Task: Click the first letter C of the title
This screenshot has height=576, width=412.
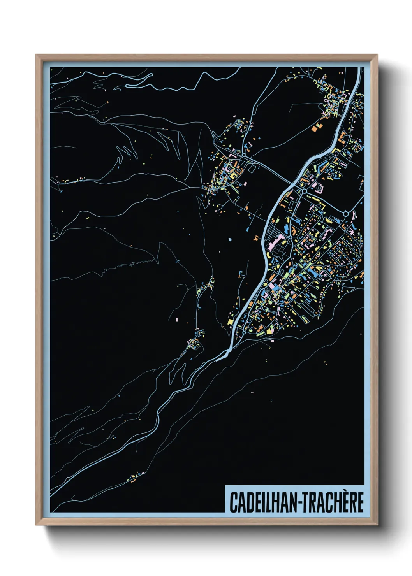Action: (x=233, y=502)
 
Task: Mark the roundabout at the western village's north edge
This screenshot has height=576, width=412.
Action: (x=243, y=155)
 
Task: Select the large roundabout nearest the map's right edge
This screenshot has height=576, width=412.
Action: (x=345, y=214)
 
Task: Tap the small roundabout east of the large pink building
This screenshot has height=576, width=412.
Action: (x=290, y=237)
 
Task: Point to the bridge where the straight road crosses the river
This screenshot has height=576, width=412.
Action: (x=293, y=183)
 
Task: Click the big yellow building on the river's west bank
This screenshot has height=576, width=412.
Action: (x=230, y=321)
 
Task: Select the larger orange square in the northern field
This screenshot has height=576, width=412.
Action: (x=315, y=128)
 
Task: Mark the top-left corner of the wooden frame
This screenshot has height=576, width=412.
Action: (x=37, y=55)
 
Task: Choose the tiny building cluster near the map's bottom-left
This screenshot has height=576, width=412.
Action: (x=134, y=477)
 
